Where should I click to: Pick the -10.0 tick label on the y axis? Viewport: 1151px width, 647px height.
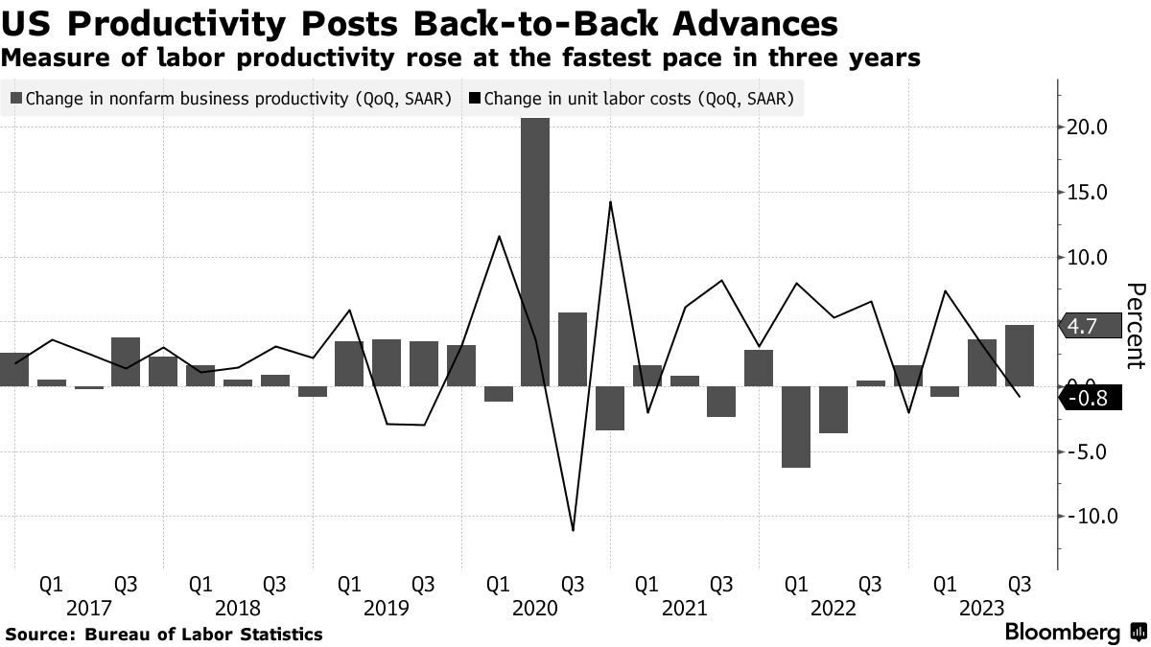point(1085,517)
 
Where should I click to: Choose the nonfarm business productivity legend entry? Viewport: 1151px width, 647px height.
point(230,98)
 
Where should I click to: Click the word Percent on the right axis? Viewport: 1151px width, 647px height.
point(1136,326)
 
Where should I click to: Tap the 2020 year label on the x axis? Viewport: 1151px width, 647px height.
point(535,608)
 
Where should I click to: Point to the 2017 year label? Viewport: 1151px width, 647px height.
point(89,608)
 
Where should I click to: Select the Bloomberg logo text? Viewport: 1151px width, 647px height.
point(1062,633)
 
